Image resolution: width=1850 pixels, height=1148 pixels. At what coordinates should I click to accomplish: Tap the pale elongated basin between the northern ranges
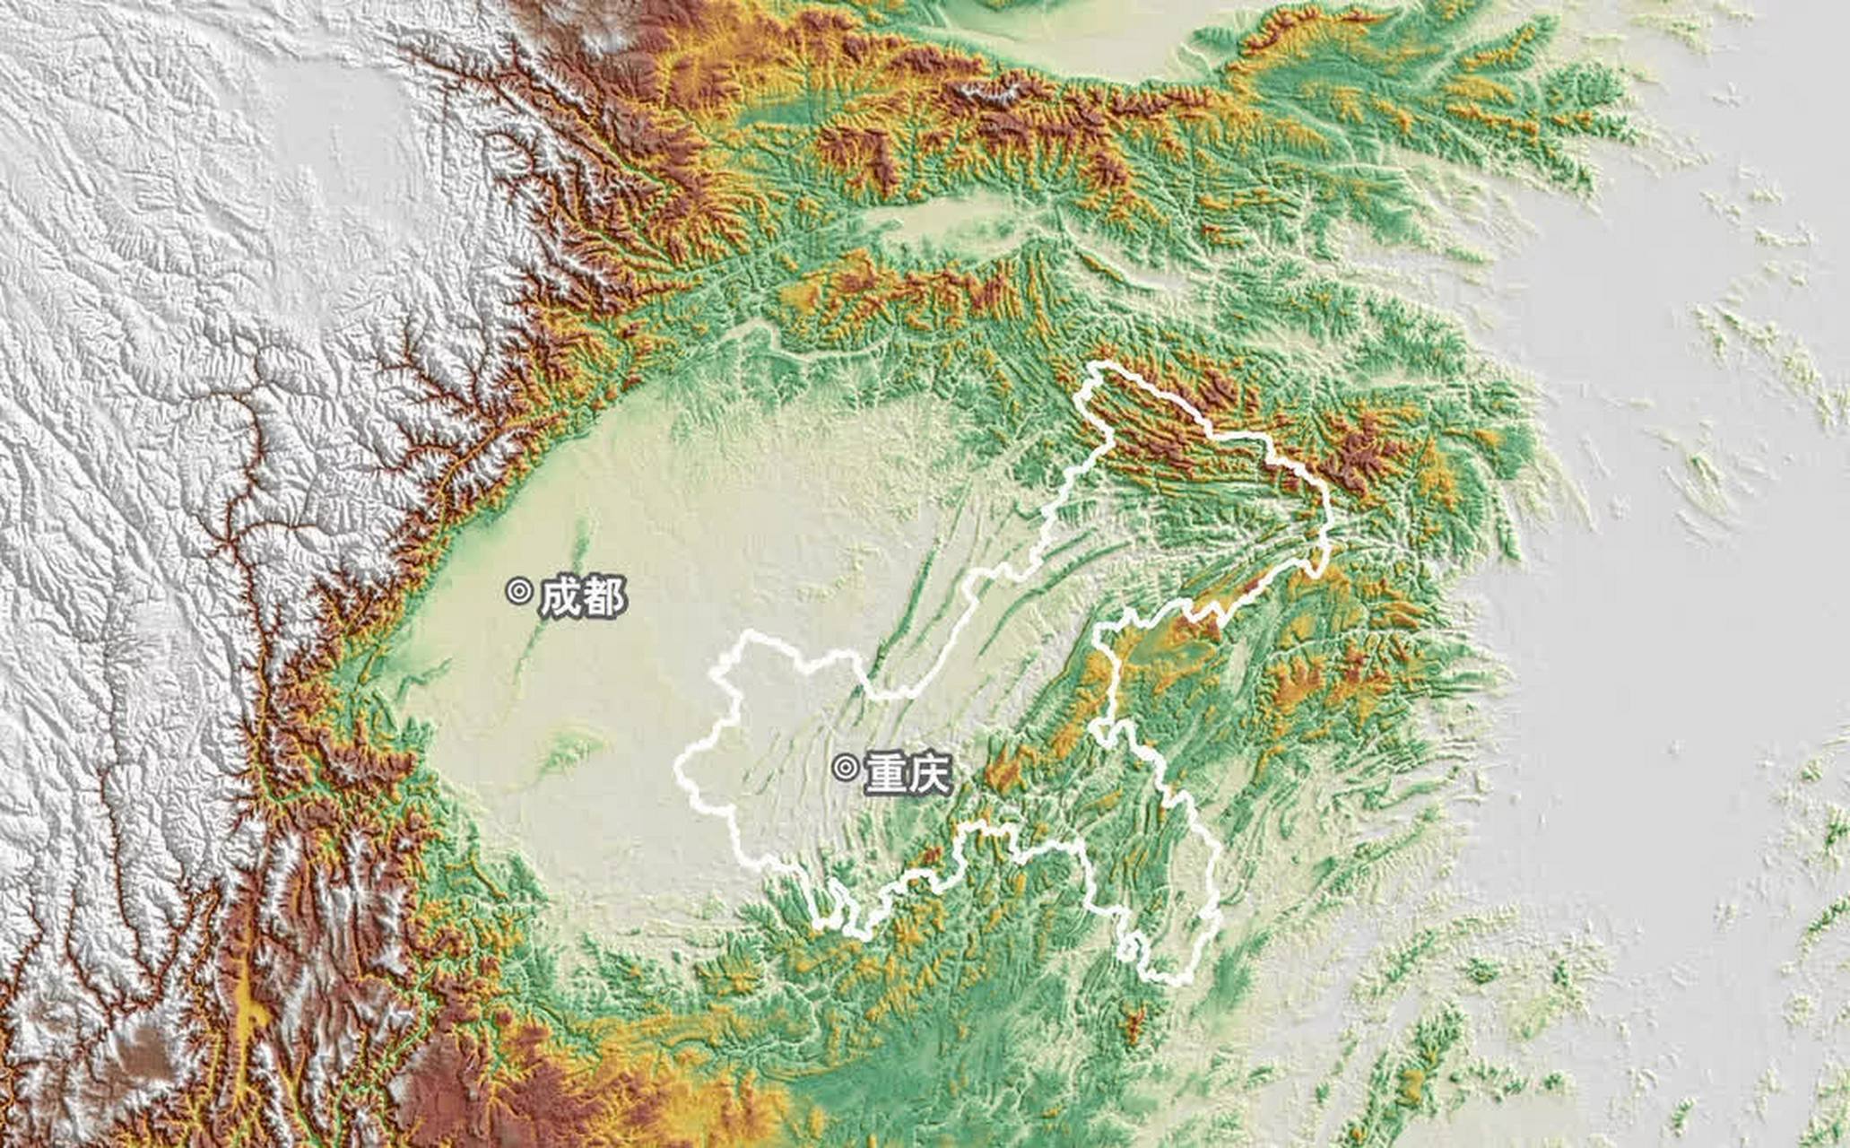(x=933, y=220)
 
